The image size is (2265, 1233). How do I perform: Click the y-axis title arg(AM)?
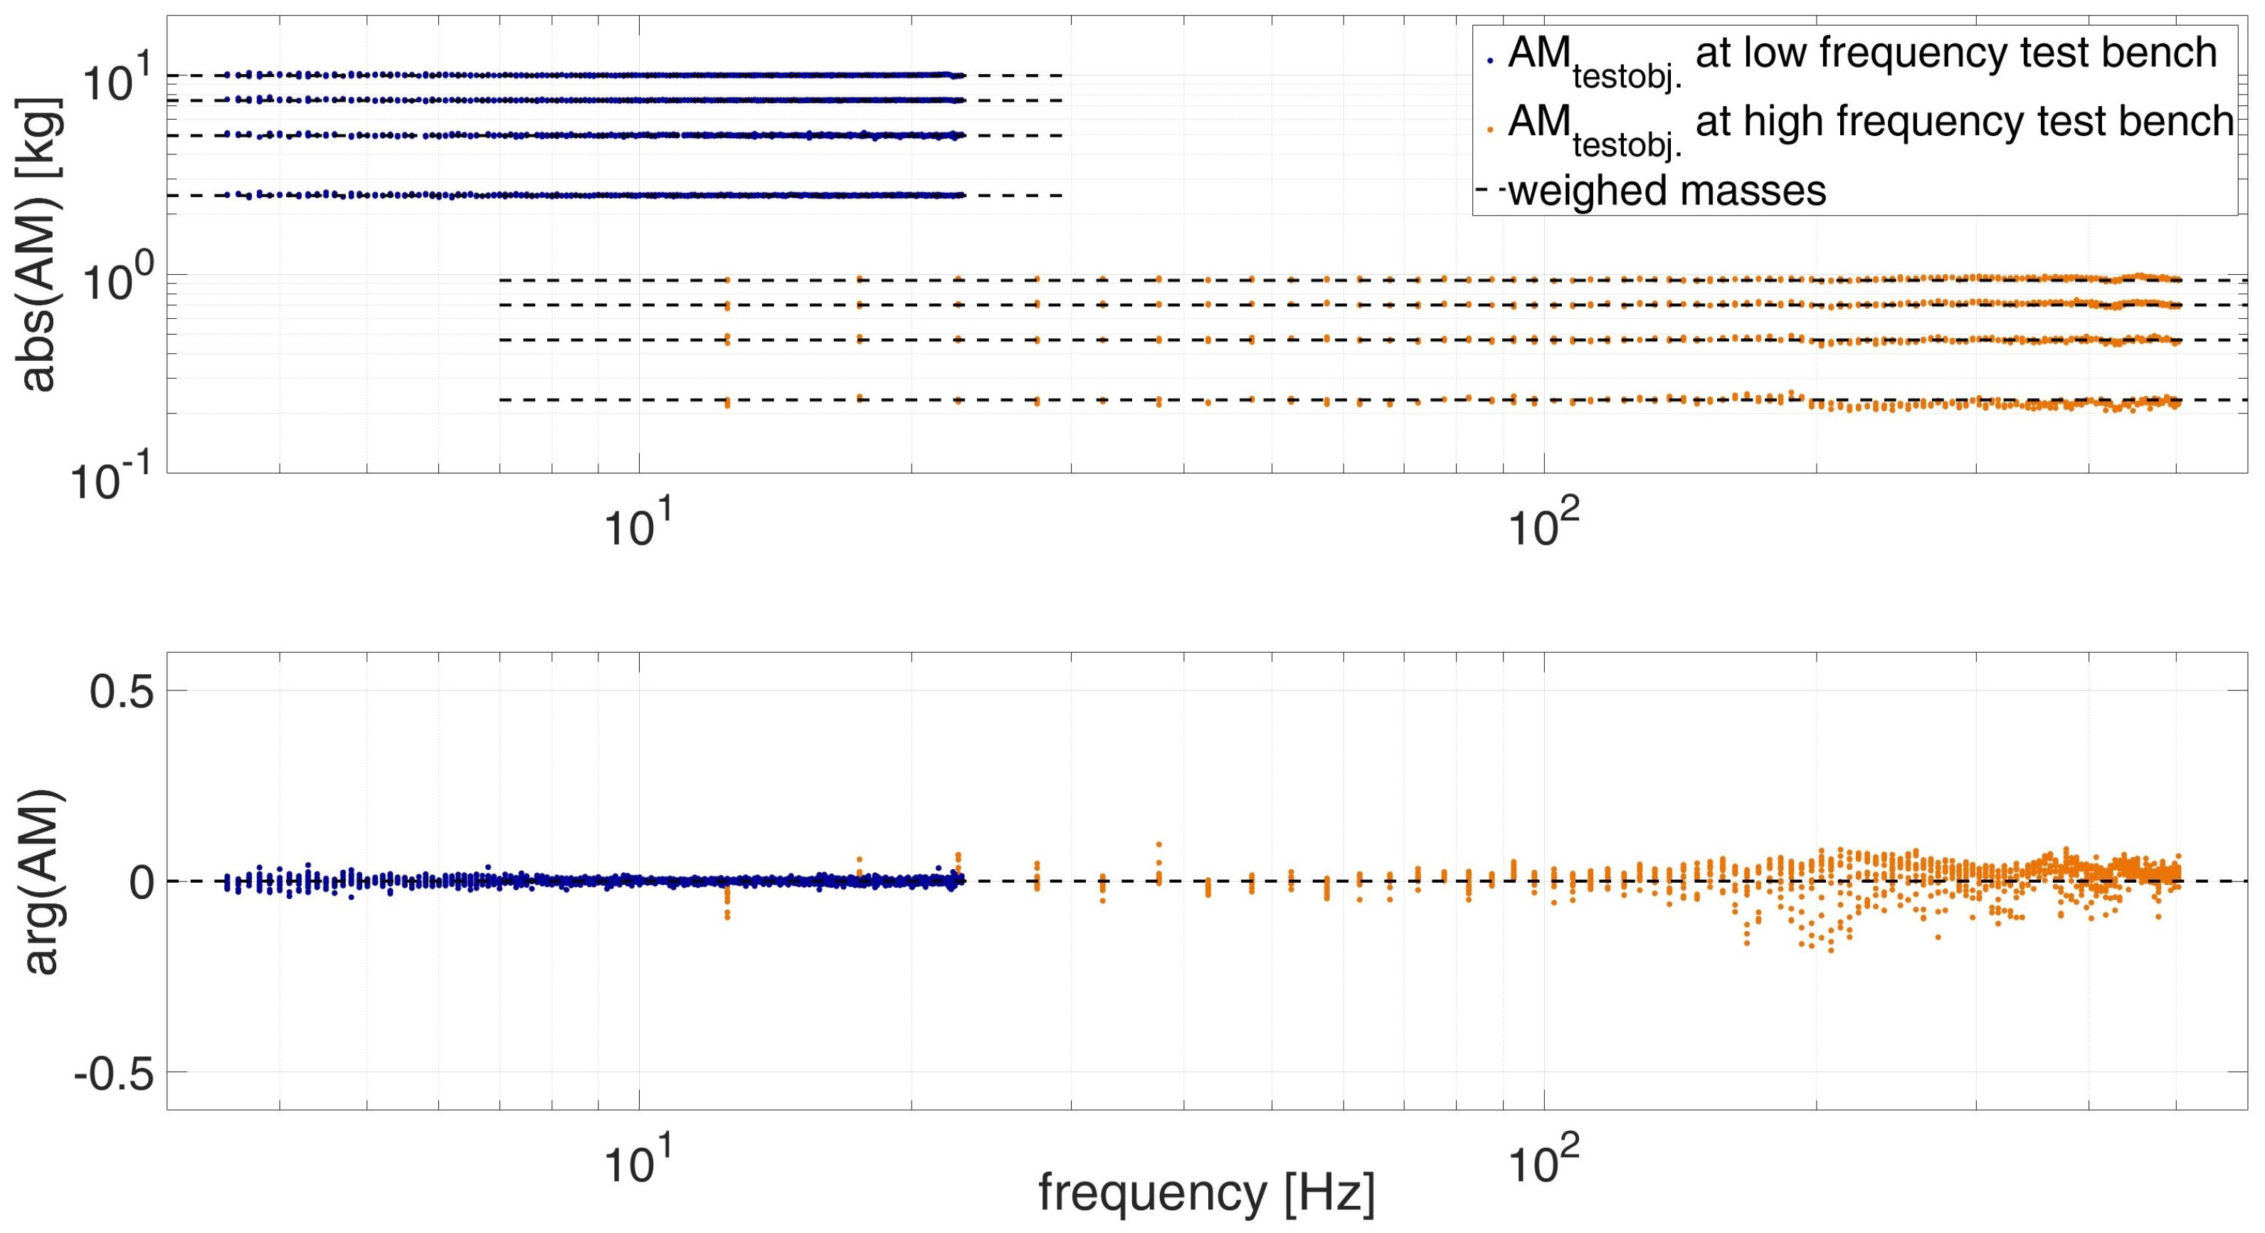point(41,881)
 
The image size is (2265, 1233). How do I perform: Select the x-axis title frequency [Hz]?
point(1206,1193)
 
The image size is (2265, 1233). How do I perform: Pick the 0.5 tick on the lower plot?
point(122,691)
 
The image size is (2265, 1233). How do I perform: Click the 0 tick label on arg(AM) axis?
point(142,883)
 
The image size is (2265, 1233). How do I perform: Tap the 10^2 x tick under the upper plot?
point(1544,527)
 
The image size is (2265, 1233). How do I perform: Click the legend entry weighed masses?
point(1667,190)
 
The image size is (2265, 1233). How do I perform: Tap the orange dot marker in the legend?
point(1490,130)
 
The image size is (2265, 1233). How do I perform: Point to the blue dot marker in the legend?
point(1490,61)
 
